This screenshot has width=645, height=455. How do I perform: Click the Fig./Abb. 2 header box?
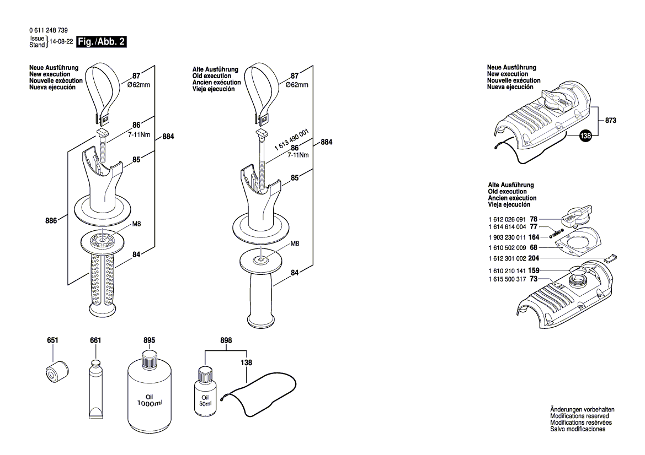point(102,42)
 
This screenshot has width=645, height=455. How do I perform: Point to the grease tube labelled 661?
point(96,389)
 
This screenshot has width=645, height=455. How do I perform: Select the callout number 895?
point(149,340)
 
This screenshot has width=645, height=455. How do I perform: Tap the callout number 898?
point(226,340)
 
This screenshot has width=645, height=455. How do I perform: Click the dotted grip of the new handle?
point(100,282)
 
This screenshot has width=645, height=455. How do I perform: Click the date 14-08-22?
point(61,42)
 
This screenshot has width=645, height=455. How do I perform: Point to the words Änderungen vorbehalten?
point(582,410)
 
